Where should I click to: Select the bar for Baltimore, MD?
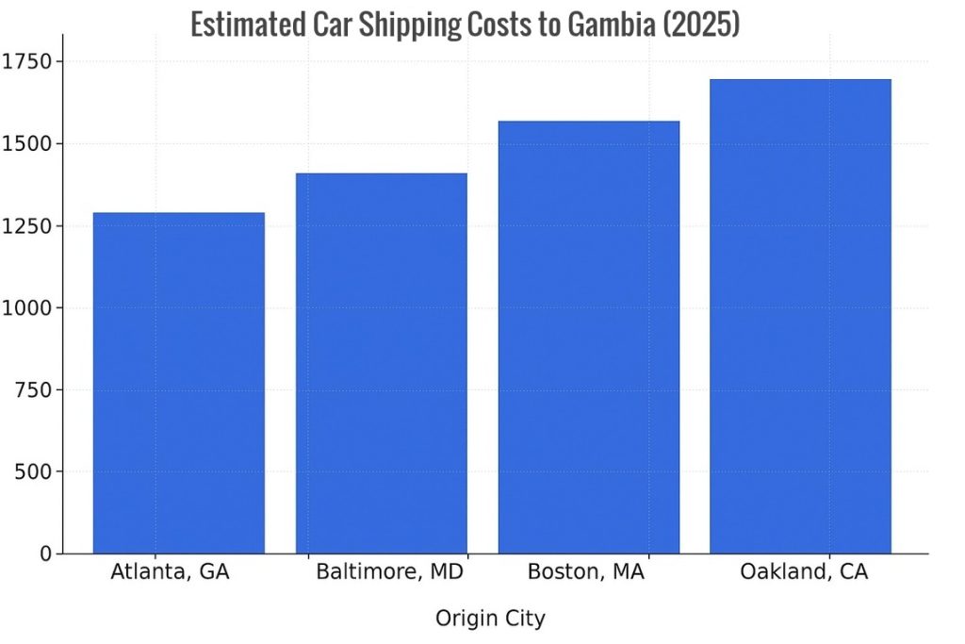point(381,363)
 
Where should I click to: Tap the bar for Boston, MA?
point(588,337)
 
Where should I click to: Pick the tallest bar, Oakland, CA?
point(800,316)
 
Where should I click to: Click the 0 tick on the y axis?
point(46,554)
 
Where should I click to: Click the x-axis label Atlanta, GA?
point(170,572)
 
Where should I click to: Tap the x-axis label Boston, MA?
point(585,572)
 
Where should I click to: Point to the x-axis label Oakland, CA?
point(804,572)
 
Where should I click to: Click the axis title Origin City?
point(490,619)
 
